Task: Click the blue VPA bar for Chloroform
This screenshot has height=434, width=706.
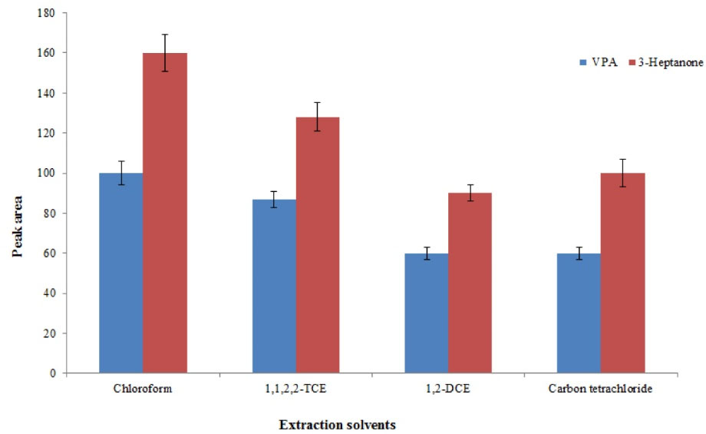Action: (x=121, y=273)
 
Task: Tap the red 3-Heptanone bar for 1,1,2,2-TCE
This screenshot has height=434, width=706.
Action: (x=318, y=245)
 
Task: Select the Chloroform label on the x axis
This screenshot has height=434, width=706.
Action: (x=142, y=389)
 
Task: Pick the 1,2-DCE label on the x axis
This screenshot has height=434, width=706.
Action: (x=448, y=389)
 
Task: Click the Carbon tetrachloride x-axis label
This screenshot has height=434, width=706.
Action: (x=600, y=389)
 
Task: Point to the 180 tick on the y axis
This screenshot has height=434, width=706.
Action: (x=50, y=13)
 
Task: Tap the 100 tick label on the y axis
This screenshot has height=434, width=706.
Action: (x=50, y=173)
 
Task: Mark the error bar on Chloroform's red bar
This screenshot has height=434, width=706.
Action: (x=165, y=53)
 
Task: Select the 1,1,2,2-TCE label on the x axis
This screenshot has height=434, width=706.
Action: (x=295, y=389)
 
